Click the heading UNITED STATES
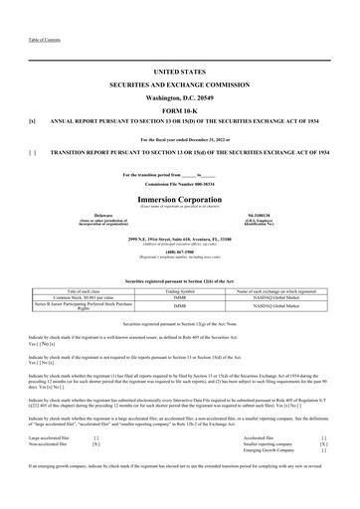pyautogui.click(x=179, y=73)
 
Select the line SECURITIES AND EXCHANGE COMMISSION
pyautogui.click(x=179, y=87)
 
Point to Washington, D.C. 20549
pyautogui.click(x=179, y=102)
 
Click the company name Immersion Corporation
pyautogui.click(x=179, y=187)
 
